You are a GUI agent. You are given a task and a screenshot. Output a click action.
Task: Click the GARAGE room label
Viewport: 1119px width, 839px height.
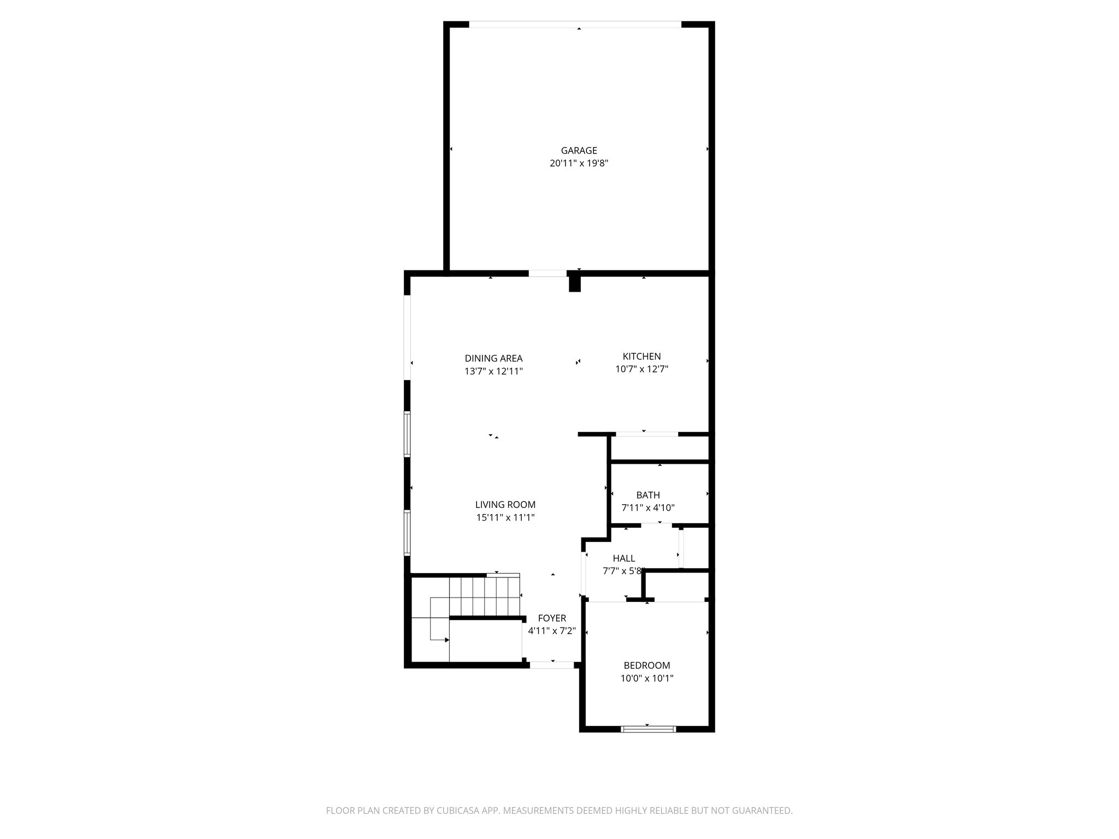579,150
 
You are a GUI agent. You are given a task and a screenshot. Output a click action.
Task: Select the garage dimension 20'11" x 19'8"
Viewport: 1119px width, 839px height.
579,163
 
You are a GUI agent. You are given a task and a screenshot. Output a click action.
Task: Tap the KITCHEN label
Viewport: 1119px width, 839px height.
641,356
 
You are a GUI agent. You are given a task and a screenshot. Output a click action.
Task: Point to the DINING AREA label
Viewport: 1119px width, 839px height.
493,358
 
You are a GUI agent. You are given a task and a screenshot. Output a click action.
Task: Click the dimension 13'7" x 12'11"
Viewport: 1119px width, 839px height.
493,371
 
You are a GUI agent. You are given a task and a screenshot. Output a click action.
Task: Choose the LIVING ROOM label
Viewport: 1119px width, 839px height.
505,505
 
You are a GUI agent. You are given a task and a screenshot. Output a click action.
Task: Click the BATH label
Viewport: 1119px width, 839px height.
648,495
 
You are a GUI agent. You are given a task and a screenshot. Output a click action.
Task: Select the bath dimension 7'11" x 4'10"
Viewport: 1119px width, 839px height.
648,507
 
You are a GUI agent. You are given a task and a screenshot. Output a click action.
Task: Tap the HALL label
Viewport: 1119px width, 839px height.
623,558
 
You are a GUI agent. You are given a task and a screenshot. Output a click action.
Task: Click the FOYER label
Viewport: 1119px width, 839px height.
552,618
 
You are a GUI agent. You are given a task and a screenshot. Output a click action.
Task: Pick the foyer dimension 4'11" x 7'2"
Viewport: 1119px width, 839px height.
552,631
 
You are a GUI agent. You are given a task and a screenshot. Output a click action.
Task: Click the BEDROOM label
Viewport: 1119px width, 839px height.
647,665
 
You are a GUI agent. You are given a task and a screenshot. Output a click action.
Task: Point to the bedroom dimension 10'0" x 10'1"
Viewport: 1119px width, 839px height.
647,678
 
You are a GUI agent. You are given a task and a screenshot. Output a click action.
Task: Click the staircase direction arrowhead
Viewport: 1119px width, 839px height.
446,640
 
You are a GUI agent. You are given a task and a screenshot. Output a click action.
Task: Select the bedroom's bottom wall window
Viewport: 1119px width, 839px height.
649,729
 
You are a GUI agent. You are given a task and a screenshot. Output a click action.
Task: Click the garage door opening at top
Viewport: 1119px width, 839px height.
575,24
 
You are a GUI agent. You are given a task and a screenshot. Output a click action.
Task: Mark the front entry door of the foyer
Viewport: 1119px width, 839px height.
552,665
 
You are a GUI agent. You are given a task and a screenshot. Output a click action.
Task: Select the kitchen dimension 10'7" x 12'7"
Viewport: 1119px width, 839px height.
641,369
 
